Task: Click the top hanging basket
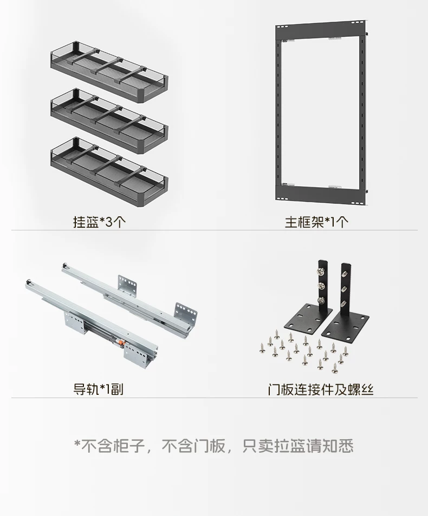point(109,72)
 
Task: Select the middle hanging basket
point(109,121)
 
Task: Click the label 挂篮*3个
point(99,222)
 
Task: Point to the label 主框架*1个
point(316,222)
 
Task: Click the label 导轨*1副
point(98,389)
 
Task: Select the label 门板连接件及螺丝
point(320,389)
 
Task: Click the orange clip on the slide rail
point(121,343)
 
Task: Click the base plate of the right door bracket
point(345,326)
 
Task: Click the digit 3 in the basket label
point(108,222)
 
